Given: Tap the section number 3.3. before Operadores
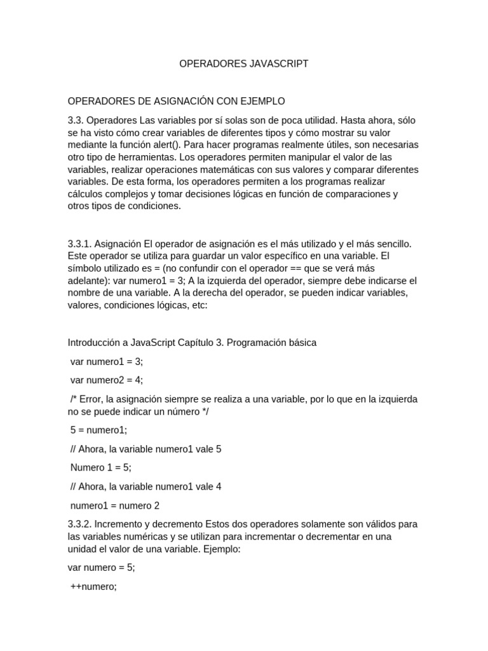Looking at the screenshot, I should (76, 120).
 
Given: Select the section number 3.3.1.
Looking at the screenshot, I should (81, 244).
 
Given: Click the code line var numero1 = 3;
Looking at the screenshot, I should (107, 361).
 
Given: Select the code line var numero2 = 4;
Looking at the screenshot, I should (107, 380).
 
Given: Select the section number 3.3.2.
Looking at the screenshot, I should (81, 524).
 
